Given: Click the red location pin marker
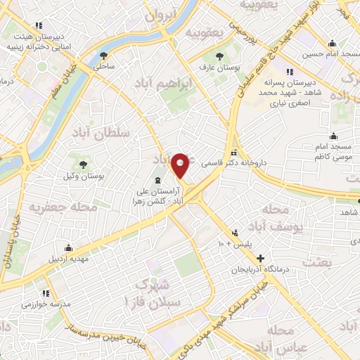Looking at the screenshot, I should [181, 165].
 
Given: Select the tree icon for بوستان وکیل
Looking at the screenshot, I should [84, 164].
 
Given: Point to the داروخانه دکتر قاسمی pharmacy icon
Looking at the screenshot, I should [234, 153].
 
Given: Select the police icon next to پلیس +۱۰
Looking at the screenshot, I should [235, 232].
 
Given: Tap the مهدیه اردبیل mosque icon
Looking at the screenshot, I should [67, 247].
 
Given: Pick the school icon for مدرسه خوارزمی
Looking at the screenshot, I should [45, 292].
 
